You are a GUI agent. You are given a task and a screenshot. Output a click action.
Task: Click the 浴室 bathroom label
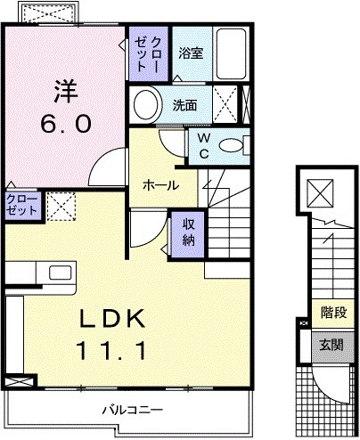click(190, 53)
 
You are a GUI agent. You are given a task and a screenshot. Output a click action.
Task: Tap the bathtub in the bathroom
click(231, 55)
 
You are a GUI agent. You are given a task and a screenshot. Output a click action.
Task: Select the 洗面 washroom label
click(184, 104)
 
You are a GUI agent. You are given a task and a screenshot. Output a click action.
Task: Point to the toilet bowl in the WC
click(231, 145)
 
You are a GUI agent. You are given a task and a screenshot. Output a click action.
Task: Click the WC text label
click(202, 144)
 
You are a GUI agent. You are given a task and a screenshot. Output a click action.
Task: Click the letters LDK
click(113, 318)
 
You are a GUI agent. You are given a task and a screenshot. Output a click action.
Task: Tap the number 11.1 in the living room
click(114, 351)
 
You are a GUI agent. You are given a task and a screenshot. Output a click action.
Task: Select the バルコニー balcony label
click(130, 411)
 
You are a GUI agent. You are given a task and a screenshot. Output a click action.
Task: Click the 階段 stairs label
click(334, 313)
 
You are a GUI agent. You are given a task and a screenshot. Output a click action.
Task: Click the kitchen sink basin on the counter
click(61, 273)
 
